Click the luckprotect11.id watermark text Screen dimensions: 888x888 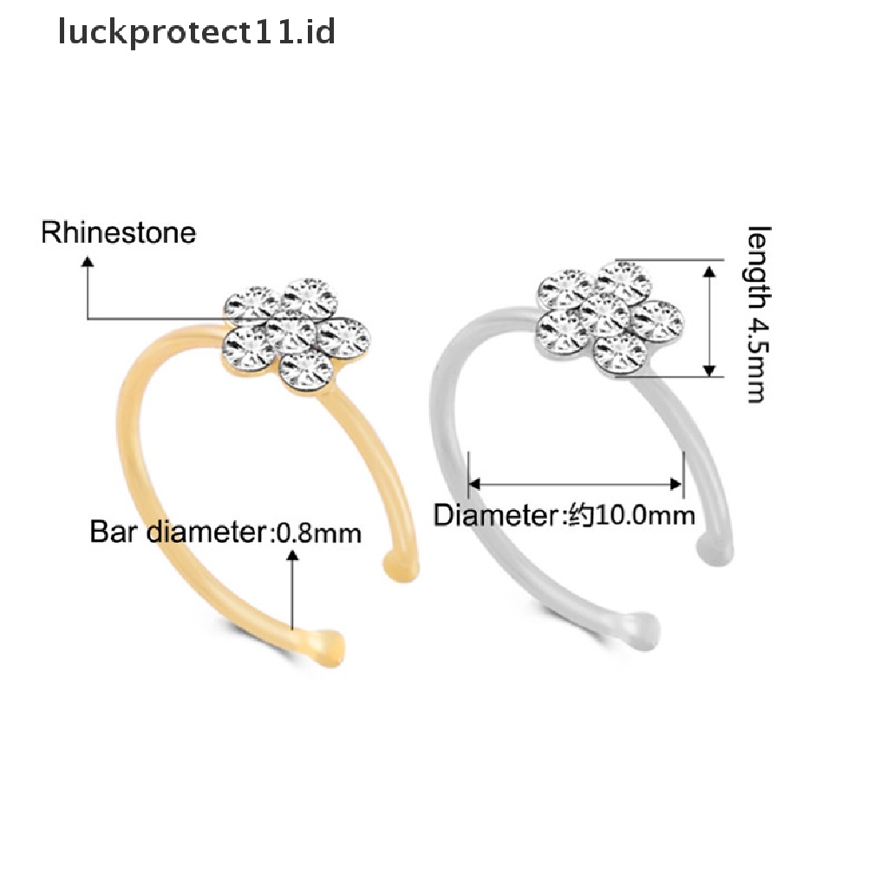pyautogui.click(x=196, y=34)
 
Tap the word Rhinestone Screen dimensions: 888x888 pyautogui.click(x=119, y=233)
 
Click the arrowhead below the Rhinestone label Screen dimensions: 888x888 pyautogui.click(x=88, y=273)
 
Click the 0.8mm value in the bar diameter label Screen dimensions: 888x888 pyautogui.click(x=317, y=532)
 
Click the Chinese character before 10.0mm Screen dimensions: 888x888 pyautogui.click(x=579, y=516)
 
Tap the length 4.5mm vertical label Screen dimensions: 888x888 pyautogui.click(x=757, y=314)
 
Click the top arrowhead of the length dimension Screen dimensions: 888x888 pyautogui.click(x=709, y=271)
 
